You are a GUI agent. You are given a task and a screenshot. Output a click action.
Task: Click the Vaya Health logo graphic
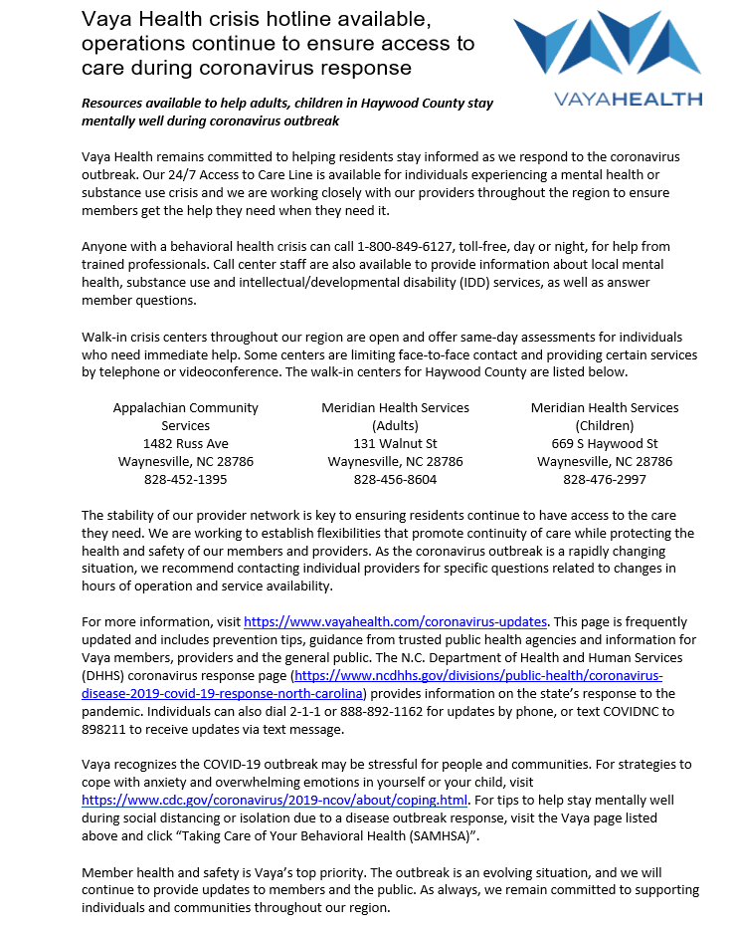pos(607,46)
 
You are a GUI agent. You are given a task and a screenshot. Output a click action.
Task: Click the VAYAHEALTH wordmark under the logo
pos(630,99)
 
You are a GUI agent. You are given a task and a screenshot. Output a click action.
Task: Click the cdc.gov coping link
pos(275,800)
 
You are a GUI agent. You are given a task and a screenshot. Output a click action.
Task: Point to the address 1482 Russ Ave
pos(186,443)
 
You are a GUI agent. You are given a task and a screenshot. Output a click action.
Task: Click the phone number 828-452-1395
pos(186,479)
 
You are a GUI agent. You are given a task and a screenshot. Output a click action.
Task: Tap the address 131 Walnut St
pos(395,443)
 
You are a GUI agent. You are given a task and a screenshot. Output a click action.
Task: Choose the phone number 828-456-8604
pos(395,479)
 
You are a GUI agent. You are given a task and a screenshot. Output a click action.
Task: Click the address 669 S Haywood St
pos(605,443)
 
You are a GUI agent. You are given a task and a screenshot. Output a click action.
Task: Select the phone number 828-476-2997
pos(605,479)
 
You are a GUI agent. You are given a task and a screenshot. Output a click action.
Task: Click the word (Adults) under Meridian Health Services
pos(395,425)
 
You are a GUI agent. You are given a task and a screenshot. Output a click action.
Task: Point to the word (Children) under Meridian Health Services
pos(605,425)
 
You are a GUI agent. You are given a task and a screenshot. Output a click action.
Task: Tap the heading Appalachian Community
pos(186,407)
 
